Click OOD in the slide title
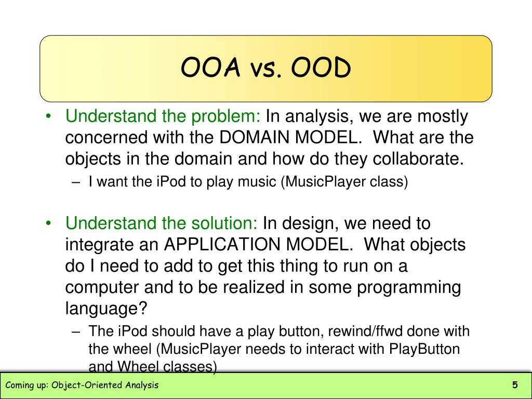click(x=321, y=68)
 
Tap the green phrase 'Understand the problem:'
click(x=163, y=116)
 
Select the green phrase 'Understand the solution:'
click(x=162, y=223)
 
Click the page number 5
click(x=515, y=385)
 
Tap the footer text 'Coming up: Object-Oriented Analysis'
click(x=82, y=385)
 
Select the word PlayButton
click(x=424, y=349)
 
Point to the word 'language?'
click(x=107, y=308)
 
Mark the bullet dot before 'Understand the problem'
click(x=48, y=117)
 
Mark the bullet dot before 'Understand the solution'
click(x=48, y=224)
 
